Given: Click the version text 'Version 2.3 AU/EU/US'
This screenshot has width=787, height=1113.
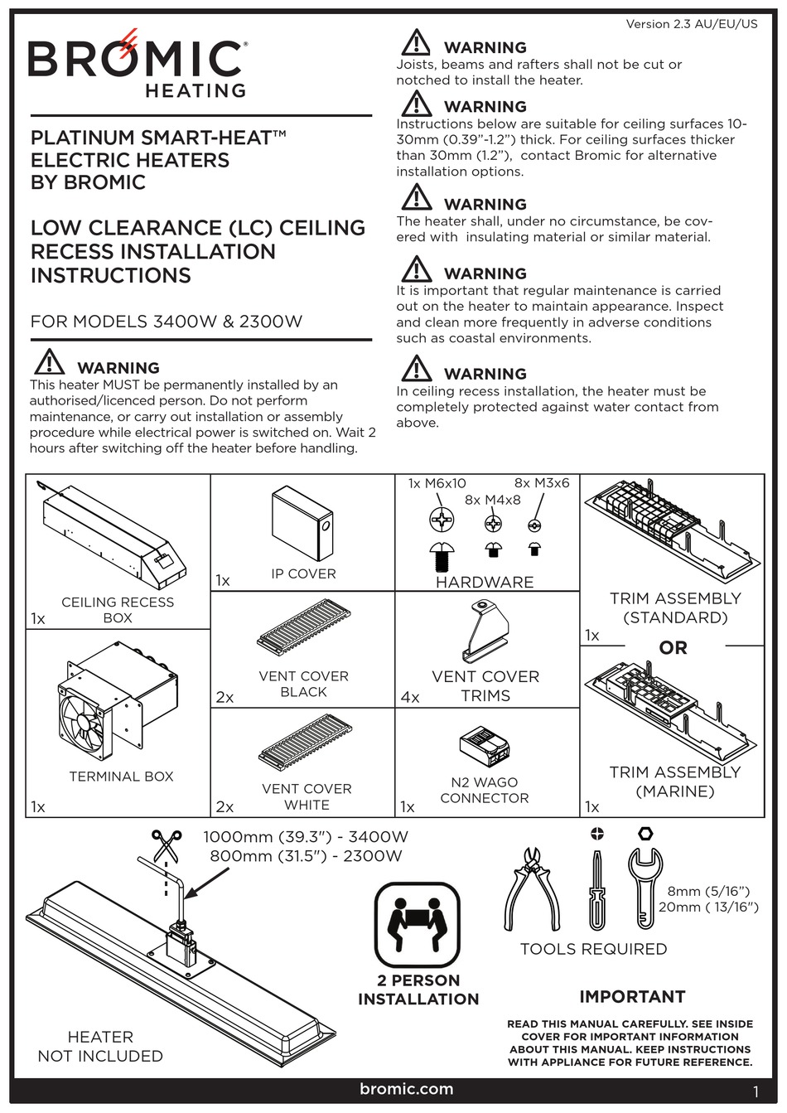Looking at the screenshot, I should pos(691,24).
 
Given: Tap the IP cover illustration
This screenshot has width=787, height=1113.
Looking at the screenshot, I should pos(302,524).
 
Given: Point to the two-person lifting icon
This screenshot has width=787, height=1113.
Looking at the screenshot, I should pos(418,923).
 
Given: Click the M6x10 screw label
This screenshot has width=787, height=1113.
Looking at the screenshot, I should pos(437,483).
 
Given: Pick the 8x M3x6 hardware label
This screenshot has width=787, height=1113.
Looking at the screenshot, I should pos(542,483).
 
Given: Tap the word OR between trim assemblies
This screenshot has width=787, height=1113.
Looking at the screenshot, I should pos(673,648).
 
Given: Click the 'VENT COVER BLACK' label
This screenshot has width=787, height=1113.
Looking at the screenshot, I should pos(303,684).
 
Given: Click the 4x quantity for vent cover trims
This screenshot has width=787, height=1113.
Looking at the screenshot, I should pos(409,697).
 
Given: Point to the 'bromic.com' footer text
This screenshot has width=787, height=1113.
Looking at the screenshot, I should pos(406,1089).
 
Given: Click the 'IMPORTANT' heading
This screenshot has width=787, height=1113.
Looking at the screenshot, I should pos(632,996).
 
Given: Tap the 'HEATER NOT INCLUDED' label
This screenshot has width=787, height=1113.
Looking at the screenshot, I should pos(100,1046).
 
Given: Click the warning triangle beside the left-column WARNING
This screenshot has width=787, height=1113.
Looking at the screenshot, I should pos(49,362).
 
